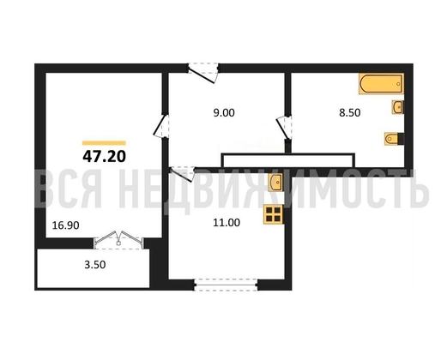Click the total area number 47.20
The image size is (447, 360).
[105, 156]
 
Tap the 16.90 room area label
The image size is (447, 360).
[66, 225]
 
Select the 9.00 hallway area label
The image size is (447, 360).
[224, 113]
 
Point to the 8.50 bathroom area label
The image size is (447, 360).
[350, 112]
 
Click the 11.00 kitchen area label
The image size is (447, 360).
[227, 222]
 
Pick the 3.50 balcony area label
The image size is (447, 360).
[95, 265]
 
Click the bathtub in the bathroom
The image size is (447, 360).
[381, 84]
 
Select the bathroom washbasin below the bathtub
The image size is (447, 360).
[397, 107]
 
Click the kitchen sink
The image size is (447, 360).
[275, 183]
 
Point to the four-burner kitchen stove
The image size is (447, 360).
[274, 214]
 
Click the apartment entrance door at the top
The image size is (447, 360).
[203, 73]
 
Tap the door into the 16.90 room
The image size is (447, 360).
[161, 126]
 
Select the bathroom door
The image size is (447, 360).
[284, 128]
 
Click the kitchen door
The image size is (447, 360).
[182, 173]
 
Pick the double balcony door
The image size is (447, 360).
[118, 239]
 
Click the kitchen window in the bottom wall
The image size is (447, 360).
[226, 285]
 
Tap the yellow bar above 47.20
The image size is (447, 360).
[104, 143]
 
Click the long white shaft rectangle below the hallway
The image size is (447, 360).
[288, 160]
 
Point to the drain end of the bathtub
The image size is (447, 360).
[398, 84]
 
